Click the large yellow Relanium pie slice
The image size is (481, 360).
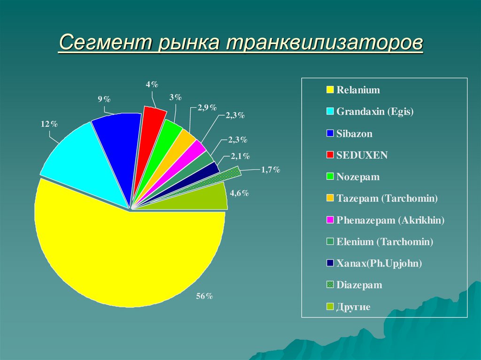(127, 253)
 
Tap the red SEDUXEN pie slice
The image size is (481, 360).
(149, 136)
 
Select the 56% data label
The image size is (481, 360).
(205, 296)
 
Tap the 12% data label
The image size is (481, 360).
(49, 124)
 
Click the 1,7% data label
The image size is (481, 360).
(271, 169)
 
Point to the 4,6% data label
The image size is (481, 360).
(239, 193)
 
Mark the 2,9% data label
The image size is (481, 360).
(207, 107)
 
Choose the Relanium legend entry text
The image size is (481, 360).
(358, 90)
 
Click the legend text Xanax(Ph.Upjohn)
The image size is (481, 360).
(379, 263)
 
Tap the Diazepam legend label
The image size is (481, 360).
(359, 285)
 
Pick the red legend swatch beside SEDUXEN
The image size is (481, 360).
(330, 155)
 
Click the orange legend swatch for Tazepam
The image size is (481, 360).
(330, 199)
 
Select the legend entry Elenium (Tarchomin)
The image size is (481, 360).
(385, 242)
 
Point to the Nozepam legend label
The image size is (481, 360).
(358, 177)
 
